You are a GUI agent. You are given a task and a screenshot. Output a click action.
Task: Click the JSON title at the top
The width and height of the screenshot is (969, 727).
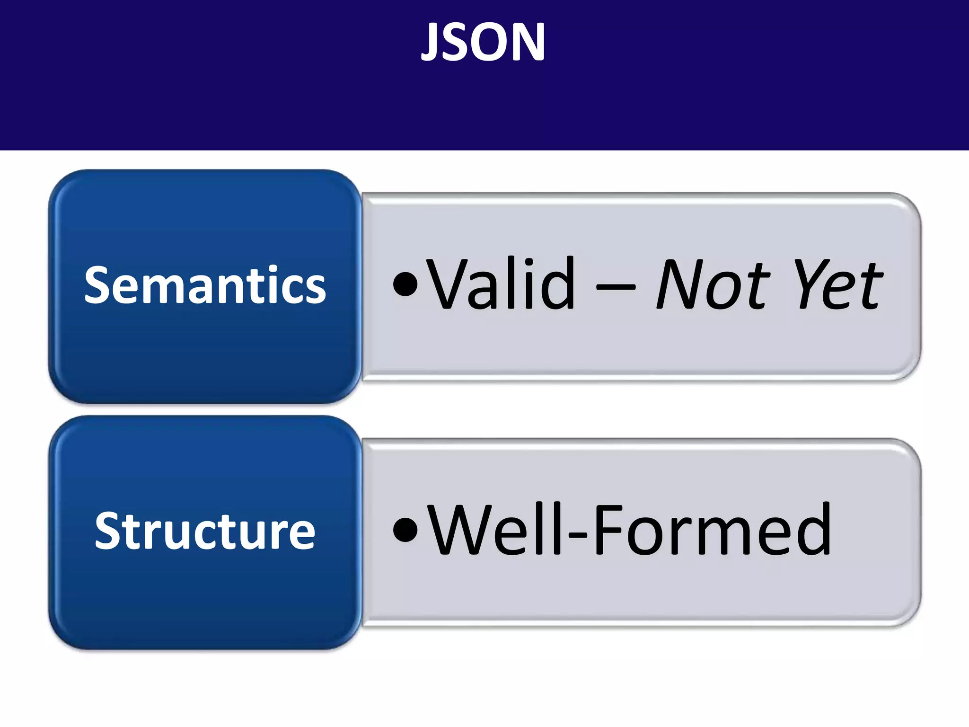[x=483, y=43]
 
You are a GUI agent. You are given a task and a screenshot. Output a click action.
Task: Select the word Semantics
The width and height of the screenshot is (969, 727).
[x=205, y=285]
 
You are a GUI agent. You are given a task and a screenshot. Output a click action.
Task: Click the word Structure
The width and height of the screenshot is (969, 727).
[x=205, y=531]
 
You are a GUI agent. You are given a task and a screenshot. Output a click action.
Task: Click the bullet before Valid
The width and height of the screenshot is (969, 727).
[x=405, y=284]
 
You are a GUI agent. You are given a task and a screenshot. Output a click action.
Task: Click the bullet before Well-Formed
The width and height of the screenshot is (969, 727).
[x=405, y=530]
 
